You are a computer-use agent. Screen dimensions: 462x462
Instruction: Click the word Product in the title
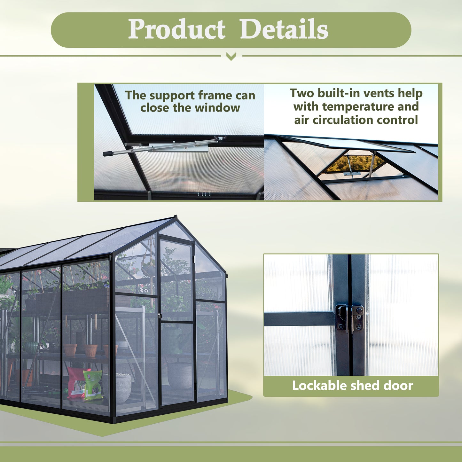point(177,29)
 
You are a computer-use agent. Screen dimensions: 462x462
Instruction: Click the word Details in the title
point(284,29)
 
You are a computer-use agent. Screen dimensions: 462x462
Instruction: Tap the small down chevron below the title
point(231,57)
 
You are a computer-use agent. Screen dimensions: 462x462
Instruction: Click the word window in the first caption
point(217,108)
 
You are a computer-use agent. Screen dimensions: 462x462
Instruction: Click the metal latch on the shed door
point(350,318)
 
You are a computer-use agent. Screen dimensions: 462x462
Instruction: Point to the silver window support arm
point(160,147)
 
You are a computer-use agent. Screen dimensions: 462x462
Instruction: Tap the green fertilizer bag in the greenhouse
point(93,384)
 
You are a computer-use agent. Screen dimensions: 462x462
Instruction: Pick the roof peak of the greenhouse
point(175,217)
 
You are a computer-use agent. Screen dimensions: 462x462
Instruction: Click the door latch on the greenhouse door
point(160,316)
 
